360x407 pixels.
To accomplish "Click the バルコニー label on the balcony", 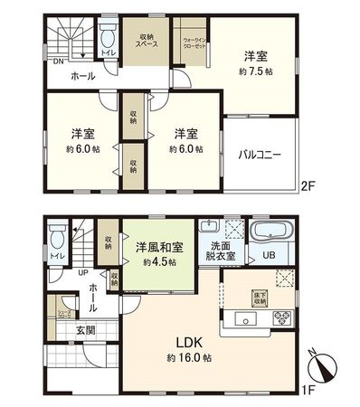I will pyautogui.click(x=261, y=156).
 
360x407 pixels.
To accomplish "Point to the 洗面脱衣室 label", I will pyautogui.click(x=223, y=251).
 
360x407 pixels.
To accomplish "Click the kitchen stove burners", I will pyautogui.click(x=279, y=318).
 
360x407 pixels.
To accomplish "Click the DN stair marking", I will pyautogui.click(x=57, y=62).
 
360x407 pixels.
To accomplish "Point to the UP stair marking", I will pyautogui.click(x=82, y=272).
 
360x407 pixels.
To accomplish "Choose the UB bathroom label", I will pyautogui.click(x=269, y=256).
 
